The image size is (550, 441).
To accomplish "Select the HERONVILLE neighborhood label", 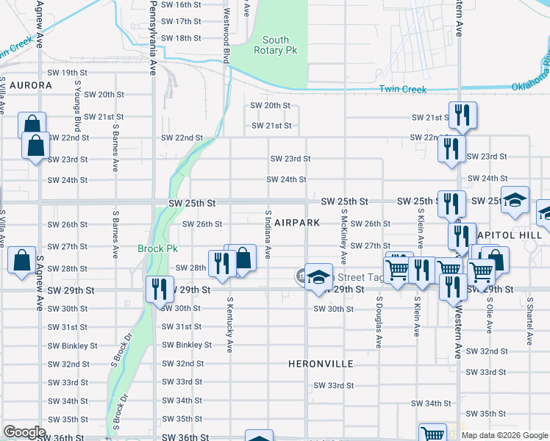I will click(x=321, y=364).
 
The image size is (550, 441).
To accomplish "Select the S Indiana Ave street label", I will click(x=268, y=234).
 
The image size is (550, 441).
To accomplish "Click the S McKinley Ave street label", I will click(x=343, y=237).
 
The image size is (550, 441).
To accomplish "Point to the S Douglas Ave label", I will click(x=379, y=322).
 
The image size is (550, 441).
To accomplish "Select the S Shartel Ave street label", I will click(x=529, y=322).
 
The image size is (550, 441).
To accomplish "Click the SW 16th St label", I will click(x=181, y=4).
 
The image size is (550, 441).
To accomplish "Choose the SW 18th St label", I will click(x=181, y=38).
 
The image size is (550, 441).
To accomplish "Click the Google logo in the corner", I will click(x=24, y=432).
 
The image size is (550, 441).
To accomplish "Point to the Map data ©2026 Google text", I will click(x=504, y=435).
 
